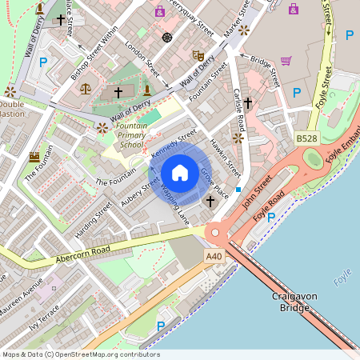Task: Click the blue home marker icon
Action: (x=180, y=173)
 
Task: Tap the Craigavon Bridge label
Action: (x=289, y=302)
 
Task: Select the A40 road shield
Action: (x=213, y=256)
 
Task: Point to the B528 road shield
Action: (x=306, y=138)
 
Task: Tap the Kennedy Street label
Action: (x=174, y=142)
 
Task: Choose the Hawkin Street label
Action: (x=225, y=157)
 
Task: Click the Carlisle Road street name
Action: (x=238, y=113)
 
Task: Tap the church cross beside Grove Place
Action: (x=210, y=201)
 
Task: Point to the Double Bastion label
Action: (x=11, y=109)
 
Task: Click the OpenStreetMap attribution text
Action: (x=70, y=354)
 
